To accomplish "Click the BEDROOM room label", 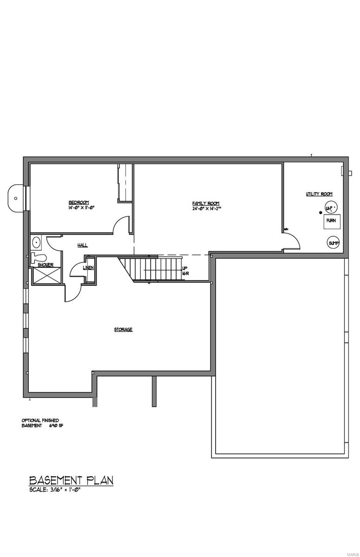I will [78, 202].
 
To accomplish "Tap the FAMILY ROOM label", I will [206, 203].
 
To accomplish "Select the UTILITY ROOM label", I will [319, 194].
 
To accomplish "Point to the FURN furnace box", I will [331, 221].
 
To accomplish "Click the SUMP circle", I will [334, 243].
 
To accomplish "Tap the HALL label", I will [83, 245].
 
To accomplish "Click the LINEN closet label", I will [89, 268].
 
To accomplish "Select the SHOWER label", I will [45, 265].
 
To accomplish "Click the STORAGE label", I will [123, 330].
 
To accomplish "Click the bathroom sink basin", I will [36, 242].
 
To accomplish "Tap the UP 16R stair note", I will [185, 271].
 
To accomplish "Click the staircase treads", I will [158, 269].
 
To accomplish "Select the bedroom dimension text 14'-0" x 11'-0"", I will [82, 208].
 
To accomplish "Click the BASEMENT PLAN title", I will [71, 480].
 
